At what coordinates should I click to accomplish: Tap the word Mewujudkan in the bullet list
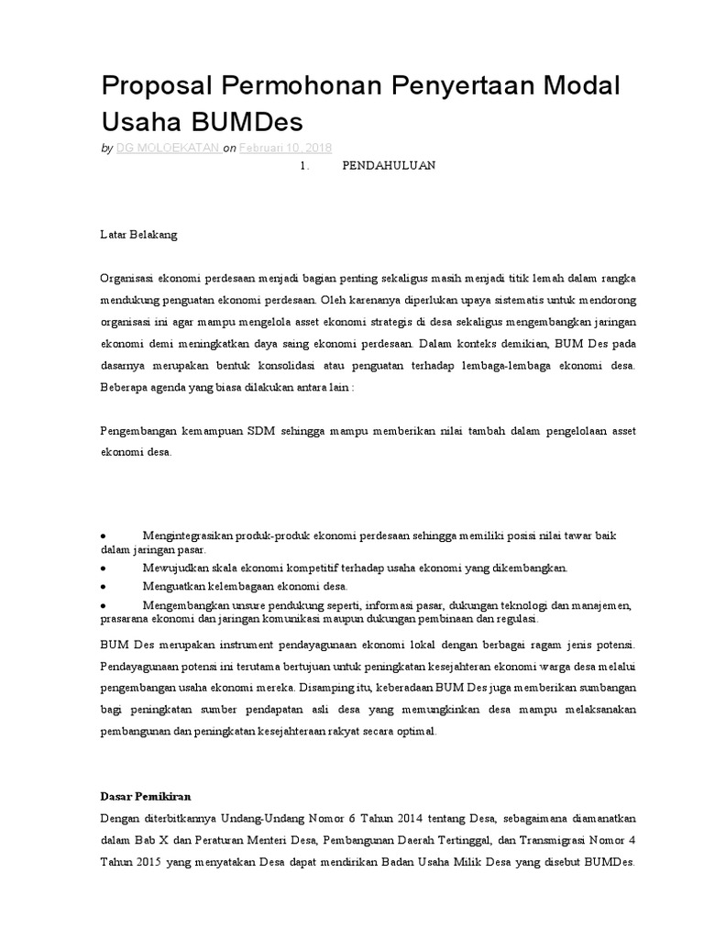click(x=176, y=568)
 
